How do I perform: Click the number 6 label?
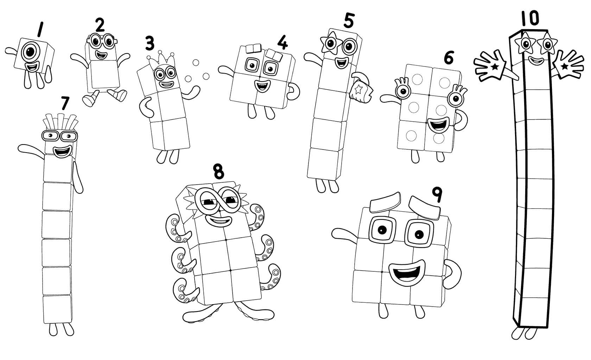(449, 58)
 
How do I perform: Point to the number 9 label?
(437, 195)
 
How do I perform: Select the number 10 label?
(530, 19)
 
